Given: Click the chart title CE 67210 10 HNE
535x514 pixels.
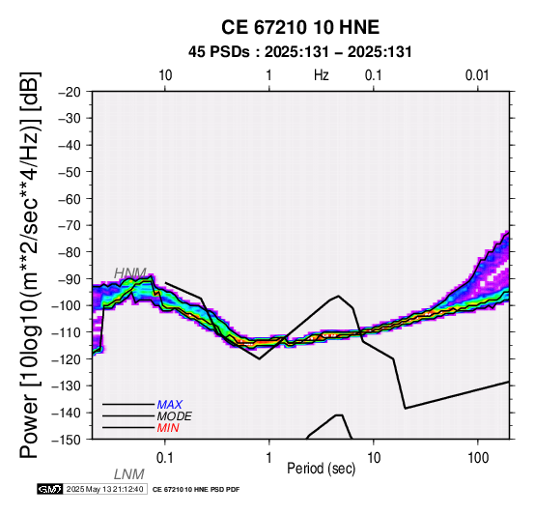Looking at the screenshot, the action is pos(300,27).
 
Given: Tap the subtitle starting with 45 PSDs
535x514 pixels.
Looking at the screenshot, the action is pos(300,52).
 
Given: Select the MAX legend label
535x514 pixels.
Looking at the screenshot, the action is pos(170,405).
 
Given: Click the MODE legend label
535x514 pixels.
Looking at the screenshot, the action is pos(175,416).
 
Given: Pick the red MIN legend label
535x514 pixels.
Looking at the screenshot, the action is pos(168,428).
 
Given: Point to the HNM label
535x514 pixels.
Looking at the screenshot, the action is pos(130,273).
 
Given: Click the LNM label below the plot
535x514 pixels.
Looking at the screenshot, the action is pos(129,474).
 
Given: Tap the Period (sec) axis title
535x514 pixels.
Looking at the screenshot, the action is pos(321,469).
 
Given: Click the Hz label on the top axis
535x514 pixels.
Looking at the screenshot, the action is pos(321,75).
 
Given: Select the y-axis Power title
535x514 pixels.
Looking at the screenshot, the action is pos(30,265).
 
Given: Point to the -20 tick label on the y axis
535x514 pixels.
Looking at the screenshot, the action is pos(70,92).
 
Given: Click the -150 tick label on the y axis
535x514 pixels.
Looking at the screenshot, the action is pos(67,440).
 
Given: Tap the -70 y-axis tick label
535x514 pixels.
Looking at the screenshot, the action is pos(70,226).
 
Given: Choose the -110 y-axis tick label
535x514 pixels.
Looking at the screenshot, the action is pos(67,332).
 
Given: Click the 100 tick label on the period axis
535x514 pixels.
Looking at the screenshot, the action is pos(478,458).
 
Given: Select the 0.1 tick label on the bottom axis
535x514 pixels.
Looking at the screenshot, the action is pos(164,458).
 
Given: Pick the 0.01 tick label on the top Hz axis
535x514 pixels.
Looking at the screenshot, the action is pos(477,75).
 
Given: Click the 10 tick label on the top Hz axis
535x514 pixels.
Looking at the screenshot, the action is pos(165,75).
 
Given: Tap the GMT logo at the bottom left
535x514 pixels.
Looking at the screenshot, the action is pos(50,490).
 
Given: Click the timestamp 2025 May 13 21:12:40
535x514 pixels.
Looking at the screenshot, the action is pos(104,490).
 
